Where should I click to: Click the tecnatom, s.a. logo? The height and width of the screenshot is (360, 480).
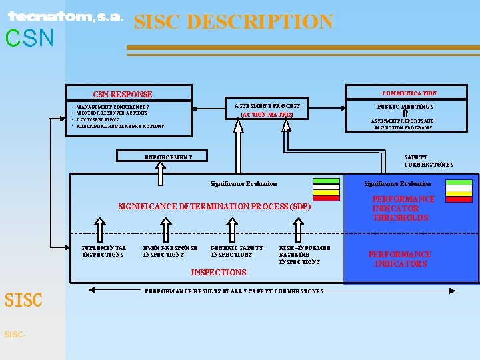(65, 17)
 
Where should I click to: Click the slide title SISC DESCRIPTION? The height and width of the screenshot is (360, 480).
(233, 22)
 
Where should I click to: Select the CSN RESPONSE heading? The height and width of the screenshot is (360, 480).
(122, 95)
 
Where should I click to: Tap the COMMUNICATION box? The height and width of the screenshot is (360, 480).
(409, 93)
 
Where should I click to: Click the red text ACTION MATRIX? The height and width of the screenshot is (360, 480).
(267, 115)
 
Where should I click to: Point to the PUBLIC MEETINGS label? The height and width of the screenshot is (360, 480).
(405, 107)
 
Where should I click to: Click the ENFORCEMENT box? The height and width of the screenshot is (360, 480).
(169, 157)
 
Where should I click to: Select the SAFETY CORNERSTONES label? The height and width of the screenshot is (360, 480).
(429, 161)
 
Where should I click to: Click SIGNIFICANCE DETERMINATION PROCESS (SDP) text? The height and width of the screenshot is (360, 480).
(214, 207)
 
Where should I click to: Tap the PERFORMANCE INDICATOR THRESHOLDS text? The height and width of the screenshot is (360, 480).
(403, 209)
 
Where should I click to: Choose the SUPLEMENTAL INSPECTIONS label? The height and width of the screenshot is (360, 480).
(103, 251)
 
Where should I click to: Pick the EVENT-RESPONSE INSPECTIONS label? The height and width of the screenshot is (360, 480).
(170, 251)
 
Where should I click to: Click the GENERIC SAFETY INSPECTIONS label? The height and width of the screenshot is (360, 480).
(237, 251)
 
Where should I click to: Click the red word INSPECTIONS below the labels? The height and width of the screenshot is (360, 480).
(219, 272)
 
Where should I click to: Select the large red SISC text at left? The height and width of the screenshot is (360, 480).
(23, 301)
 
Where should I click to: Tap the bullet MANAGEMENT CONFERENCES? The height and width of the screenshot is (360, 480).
(113, 107)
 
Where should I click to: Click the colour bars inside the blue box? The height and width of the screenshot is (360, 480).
(458, 190)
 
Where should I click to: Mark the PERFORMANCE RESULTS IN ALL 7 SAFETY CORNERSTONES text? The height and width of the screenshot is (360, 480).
(234, 291)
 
